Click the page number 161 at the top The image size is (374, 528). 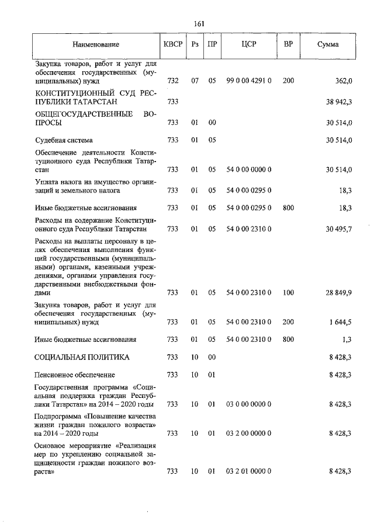pyautogui.click(x=198, y=23)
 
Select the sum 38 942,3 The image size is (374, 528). pyautogui.click(x=335, y=102)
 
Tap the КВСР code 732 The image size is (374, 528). pyautogui.click(x=172, y=82)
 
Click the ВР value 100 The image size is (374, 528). pyautogui.click(x=288, y=293)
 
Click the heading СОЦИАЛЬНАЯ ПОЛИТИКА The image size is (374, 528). pyautogui.click(x=82, y=357)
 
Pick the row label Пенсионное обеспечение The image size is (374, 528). pyautogui.click(x=75, y=375)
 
